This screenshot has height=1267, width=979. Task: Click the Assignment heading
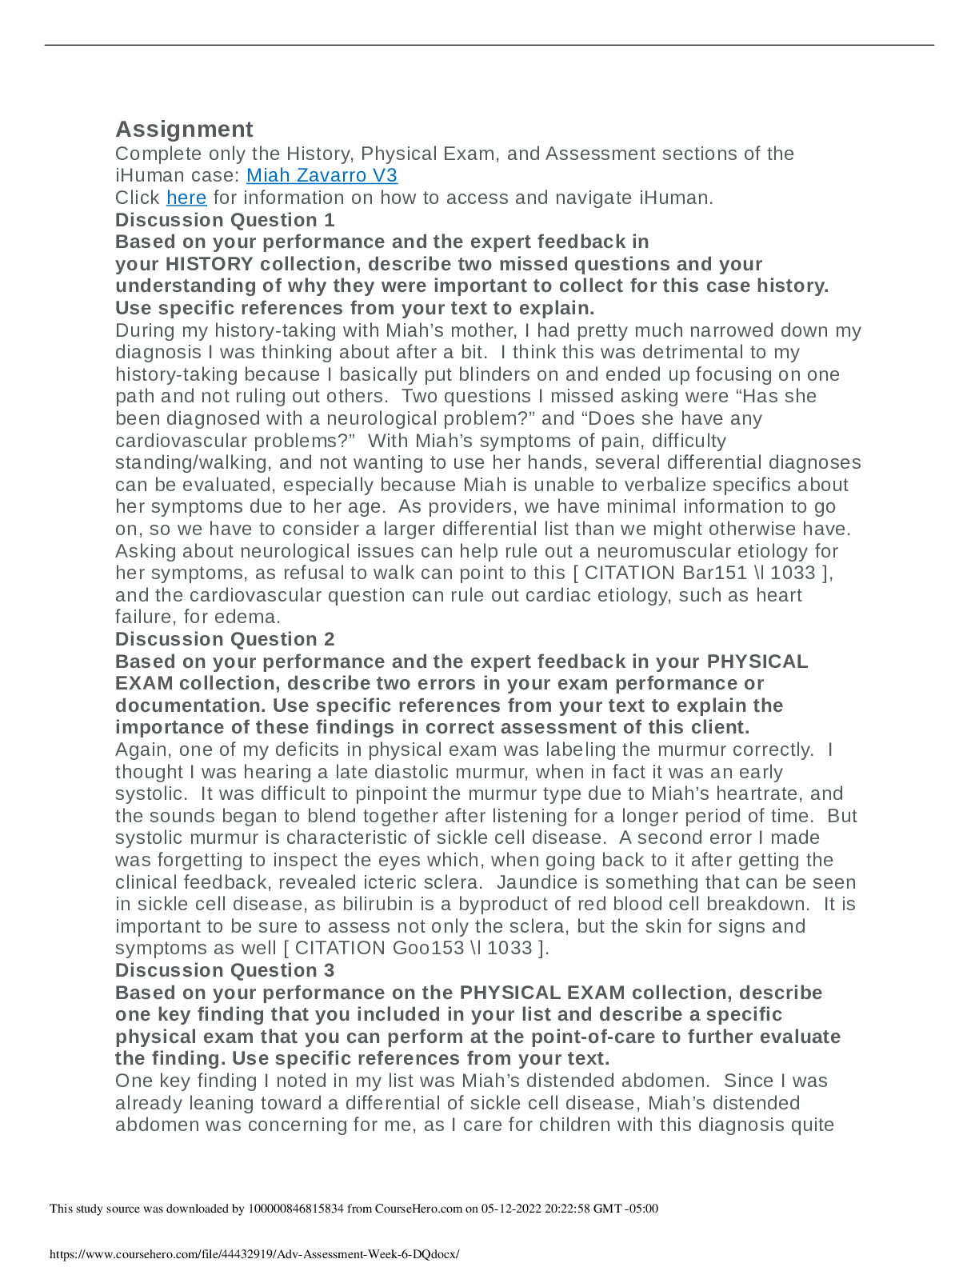click(184, 130)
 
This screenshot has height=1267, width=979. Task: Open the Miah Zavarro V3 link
click(322, 176)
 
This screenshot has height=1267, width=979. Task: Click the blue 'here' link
click(186, 198)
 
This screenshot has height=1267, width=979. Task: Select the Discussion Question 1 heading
click(225, 220)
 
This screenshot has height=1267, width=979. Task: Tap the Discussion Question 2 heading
click(225, 639)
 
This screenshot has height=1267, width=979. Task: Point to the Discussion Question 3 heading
click(225, 970)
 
